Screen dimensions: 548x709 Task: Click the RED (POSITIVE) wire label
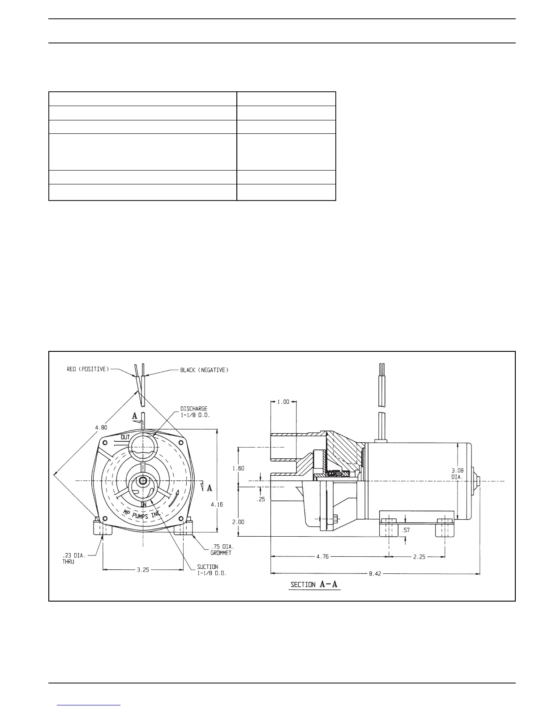coord(88,369)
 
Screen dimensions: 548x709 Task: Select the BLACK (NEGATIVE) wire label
coord(204,370)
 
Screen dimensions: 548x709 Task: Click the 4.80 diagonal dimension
coord(101,427)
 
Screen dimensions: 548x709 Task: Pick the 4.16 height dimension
coord(217,504)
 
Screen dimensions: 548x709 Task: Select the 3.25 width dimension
coord(143,570)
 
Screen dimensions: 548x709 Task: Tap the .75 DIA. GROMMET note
coord(222,550)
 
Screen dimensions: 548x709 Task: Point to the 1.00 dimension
coord(283,402)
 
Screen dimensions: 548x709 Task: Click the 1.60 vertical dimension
coord(238,468)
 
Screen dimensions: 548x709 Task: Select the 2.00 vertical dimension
coord(238,522)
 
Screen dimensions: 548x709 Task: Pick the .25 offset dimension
coord(261,500)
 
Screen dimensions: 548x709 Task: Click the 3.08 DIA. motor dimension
coord(458,473)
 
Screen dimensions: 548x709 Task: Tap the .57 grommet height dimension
coord(406,530)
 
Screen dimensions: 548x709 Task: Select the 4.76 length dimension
coord(322,557)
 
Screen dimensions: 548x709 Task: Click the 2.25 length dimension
coord(419,557)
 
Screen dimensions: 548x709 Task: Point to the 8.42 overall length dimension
coord(375,573)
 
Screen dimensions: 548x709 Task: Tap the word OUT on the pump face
coord(125,436)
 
